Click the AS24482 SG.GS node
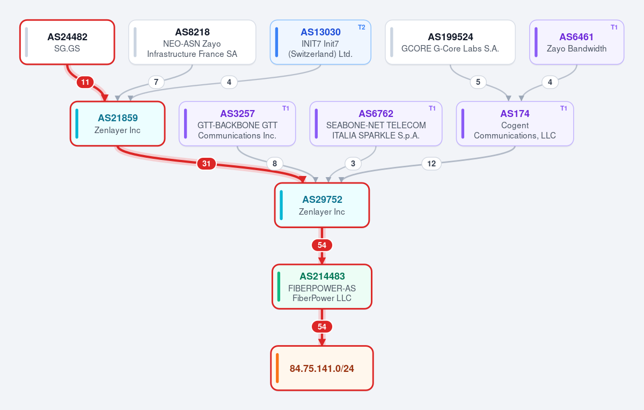click(x=67, y=42)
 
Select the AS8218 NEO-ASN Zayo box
click(x=192, y=42)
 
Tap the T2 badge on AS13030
click(x=361, y=27)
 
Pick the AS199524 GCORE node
click(x=450, y=42)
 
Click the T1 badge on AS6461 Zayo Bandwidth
click(x=614, y=27)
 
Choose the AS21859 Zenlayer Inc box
click(x=118, y=123)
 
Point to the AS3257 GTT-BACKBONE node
click(x=237, y=123)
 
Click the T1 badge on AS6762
click(x=432, y=108)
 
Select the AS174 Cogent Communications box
click(x=515, y=123)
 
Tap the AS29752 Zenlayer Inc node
click(x=322, y=206)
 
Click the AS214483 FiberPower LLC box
click(x=322, y=287)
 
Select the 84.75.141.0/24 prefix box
click(x=322, y=368)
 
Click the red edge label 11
click(x=85, y=82)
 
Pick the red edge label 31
click(x=206, y=164)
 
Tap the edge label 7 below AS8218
click(x=156, y=82)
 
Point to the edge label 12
click(x=431, y=164)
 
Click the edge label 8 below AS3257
click(x=275, y=164)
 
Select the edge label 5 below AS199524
click(x=478, y=82)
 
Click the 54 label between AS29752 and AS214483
click(x=322, y=245)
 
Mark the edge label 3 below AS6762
click(x=353, y=164)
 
